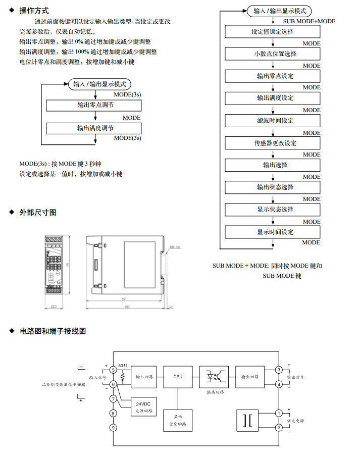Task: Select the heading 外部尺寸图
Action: pyautogui.click(x=37, y=213)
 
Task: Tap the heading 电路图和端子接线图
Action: pyautogui.click(x=53, y=331)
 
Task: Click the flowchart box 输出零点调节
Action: pyautogui.click(x=95, y=105)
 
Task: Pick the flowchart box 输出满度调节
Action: pyautogui.click(x=95, y=128)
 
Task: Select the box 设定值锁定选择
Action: pyautogui.click(x=272, y=32)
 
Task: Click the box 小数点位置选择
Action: pyautogui.click(x=272, y=54)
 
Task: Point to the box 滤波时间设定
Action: pyautogui.click(x=272, y=121)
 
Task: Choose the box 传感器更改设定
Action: pyautogui.click(x=272, y=143)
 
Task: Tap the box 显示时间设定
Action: pyautogui.click(x=272, y=232)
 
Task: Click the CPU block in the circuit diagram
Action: pyautogui.click(x=178, y=377)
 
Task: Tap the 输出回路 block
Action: pyautogui.click(x=249, y=377)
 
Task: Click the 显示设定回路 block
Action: pyautogui.click(x=178, y=420)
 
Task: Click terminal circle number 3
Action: pyautogui.click(x=278, y=370)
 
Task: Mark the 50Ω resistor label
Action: pyautogui.click(x=123, y=365)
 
